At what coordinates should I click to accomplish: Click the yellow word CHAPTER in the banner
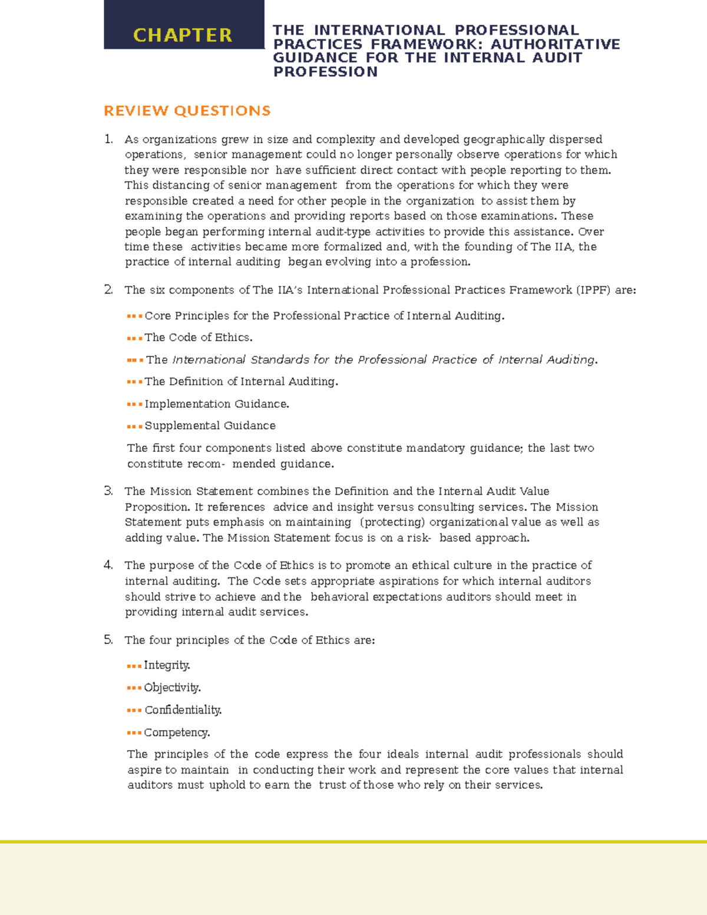(x=183, y=35)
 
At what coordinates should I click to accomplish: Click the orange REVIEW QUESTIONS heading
(x=187, y=111)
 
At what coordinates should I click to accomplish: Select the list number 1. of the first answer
(x=108, y=140)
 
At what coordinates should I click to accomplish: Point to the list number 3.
(x=108, y=491)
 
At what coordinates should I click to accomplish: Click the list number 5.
(x=108, y=640)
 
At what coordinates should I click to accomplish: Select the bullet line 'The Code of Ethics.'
(x=199, y=338)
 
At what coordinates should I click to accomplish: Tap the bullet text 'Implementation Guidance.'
(x=217, y=404)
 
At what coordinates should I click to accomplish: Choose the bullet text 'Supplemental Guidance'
(x=210, y=425)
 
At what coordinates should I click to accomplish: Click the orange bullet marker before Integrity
(x=134, y=666)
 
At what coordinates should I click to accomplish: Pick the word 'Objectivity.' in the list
(x=172, y=688)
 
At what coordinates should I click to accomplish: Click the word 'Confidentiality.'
(x=183, y=710)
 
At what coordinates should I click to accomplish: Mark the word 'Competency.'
(x=177, y=732)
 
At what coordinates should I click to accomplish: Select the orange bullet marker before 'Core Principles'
(x=134, y=316)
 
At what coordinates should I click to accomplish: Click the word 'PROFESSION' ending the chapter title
(x=325, y=72)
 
